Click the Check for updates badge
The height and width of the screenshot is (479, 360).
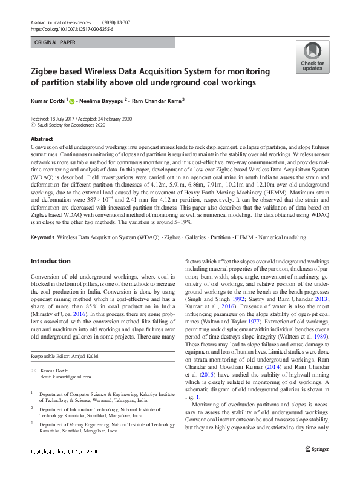[x=312, y=58]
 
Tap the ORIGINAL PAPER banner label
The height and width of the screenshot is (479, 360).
[x=56, y=43]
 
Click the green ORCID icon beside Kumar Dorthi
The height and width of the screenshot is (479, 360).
[x=71, y=102]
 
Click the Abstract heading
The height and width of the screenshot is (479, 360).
[x=42, y=139]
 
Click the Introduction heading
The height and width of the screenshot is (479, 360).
[x=50, y=261]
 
